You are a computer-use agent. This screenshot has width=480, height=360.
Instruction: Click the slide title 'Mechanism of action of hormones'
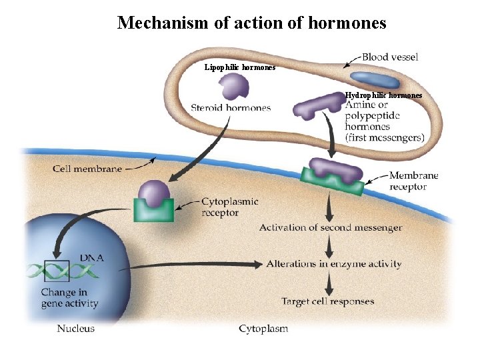251,23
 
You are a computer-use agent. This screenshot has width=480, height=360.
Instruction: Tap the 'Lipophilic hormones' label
239,67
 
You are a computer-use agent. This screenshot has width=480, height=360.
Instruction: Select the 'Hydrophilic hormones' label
383,95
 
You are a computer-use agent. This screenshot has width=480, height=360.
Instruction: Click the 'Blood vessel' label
390,57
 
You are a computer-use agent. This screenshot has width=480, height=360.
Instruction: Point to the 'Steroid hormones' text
231,107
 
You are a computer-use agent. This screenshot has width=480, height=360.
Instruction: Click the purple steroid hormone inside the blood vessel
233,86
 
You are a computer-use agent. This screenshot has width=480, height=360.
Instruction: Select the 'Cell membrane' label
87,169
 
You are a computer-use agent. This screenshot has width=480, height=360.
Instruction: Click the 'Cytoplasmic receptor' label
230,207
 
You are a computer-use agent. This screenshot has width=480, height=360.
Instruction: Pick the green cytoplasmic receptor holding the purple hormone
154,209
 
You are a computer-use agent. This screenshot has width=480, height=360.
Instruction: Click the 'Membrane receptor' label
413,181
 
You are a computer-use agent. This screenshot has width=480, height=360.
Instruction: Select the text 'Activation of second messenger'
331,227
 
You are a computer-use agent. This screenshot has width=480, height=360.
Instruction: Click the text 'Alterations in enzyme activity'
334,263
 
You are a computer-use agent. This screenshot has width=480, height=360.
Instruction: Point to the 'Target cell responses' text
327,301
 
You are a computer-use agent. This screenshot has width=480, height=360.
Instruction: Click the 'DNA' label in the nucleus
91,257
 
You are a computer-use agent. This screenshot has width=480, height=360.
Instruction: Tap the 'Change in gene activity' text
69,298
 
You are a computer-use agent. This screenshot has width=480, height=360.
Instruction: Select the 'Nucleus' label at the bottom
75,328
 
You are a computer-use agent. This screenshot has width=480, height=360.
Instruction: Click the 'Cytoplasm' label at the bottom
263,329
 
